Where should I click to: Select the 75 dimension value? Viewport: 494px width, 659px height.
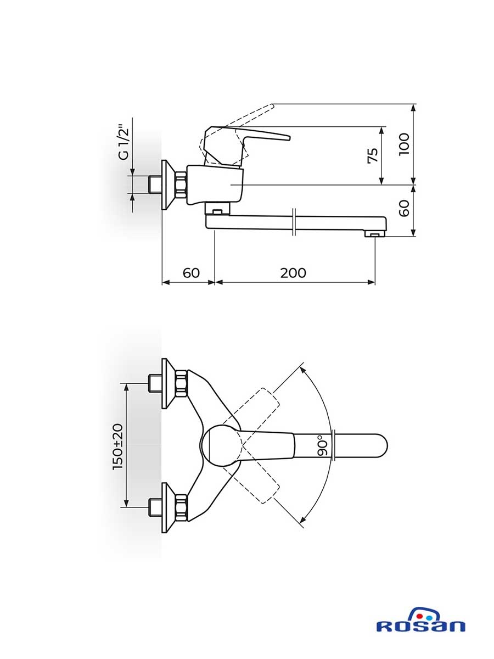click(x=373, y=155)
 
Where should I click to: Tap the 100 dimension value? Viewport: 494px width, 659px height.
click(x=405, y=144)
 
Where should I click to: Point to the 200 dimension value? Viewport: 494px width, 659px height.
click(x=293, y=273)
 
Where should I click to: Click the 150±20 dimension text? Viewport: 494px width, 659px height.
click(x=118, y=446)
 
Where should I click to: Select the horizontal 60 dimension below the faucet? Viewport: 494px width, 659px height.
click(x=191, y=273)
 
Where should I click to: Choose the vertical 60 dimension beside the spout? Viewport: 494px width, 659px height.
click(x=405, y=208)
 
